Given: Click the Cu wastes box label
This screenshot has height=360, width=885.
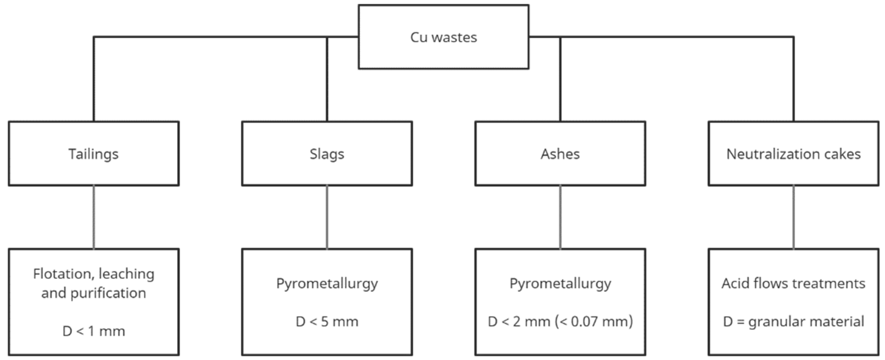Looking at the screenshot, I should click(x=443, y=37).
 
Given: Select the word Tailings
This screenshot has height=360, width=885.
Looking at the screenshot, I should click(x=93, y=154).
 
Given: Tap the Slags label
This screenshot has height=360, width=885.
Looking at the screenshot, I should click(x=327, y=154).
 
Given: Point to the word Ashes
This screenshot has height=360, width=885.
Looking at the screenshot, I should click(x=560, y=154).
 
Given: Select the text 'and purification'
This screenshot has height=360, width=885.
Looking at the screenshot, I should click(x=93, y=293).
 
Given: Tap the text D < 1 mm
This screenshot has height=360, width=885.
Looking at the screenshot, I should click(x=93, y=331).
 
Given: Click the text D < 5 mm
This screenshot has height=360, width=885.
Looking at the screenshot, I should click(x=327, y=322).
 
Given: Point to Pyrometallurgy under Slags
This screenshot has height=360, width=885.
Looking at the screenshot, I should click(x=327, y=284).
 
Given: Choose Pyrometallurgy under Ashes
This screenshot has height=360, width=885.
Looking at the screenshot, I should click(x=560, y=284).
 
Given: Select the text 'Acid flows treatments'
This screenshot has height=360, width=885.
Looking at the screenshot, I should click(x=793, y=283).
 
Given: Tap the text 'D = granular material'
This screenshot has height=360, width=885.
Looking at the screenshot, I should click(x=793, y=322).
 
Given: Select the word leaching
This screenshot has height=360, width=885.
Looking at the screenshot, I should click(x=127, y=274).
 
